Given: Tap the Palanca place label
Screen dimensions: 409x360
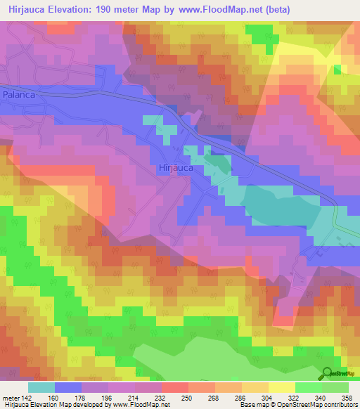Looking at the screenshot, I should pos(18,93).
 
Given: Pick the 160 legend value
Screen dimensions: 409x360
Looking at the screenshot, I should pos(54,397).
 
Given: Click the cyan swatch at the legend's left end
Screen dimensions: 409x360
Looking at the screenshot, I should pos(41,387).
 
